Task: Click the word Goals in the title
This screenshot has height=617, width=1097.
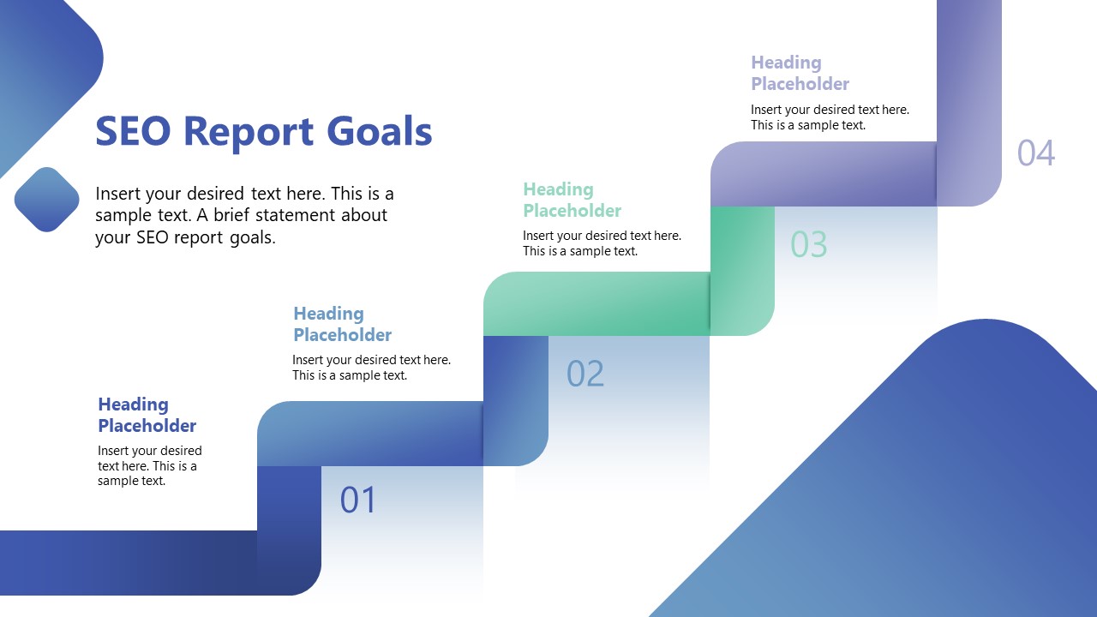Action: pos(380,132)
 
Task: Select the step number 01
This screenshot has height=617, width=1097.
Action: pos(358,500)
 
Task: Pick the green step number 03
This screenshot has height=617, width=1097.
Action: pos(808,245)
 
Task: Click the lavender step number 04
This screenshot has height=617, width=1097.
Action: pos(1035,153)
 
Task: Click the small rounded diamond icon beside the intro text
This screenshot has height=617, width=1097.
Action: pos(47,200)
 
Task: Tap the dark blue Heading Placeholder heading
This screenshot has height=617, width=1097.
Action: pos(147,415)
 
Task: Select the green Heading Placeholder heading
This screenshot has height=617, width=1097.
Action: pos(572,200)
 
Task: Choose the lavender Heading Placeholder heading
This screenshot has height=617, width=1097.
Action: pos(800,73)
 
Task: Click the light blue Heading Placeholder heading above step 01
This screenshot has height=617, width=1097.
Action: pos(342,324)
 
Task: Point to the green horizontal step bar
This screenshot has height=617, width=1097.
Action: pos(596,304)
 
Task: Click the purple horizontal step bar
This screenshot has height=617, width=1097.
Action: pos(823,174)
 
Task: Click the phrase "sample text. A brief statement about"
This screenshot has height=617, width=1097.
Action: pos(241,215)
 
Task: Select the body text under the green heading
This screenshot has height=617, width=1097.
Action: pos(602,243)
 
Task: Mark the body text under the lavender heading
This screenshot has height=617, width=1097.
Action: pos(830,117)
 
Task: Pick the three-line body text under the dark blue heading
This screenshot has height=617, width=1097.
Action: pos(150,465)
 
